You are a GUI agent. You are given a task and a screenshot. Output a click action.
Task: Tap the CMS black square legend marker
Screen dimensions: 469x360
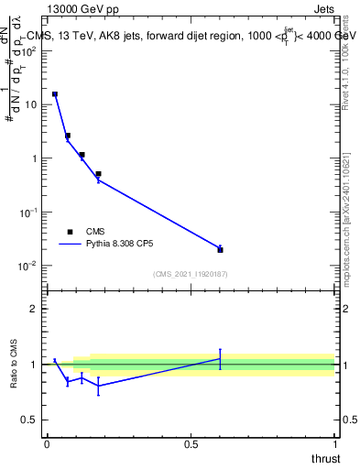70,232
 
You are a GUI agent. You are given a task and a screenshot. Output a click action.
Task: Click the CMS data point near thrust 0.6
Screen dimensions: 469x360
221,249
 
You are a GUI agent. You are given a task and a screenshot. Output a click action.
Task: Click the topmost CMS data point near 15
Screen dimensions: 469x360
55,94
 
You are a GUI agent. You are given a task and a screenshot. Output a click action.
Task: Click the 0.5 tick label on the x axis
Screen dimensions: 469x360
191,444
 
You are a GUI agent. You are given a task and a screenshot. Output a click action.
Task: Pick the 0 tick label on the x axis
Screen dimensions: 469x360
47,444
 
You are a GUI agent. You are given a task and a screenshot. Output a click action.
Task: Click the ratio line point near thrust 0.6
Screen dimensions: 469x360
220,358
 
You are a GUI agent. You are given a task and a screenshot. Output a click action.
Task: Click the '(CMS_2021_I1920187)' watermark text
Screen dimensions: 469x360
191,274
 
